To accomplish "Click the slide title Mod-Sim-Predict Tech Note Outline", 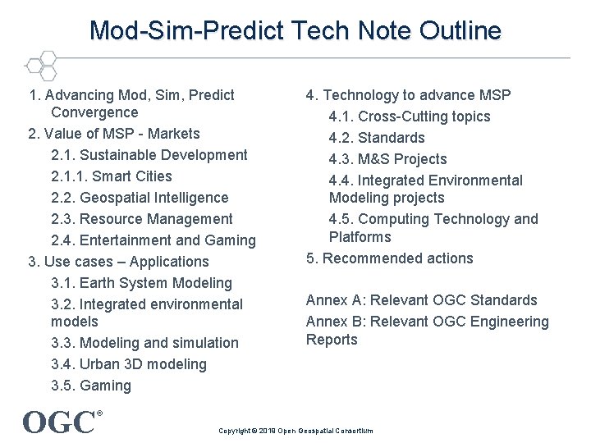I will click(295, 31).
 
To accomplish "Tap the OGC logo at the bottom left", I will click(62, 422).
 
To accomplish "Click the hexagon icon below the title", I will click(40, 65).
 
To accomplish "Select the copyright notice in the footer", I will click(295, 431).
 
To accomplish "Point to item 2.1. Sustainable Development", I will click(149, 155).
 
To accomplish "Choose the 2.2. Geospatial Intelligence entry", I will click(140, 198).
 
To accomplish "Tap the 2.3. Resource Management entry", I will click(142, 219).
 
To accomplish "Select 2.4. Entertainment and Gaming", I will click(153, 240).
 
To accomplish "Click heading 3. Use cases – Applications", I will click(119, 262).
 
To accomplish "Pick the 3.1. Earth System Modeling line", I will click(141, 283).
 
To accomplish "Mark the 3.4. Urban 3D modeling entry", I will click(129, 364).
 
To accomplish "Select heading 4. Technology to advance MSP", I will click(409, 95).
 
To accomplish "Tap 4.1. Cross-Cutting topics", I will click(410, 116).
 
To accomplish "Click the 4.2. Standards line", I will click(377, 138).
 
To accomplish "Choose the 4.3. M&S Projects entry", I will click(388, 159).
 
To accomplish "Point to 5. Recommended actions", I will click(390, 258).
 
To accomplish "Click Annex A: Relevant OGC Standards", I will click(422, 300).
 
